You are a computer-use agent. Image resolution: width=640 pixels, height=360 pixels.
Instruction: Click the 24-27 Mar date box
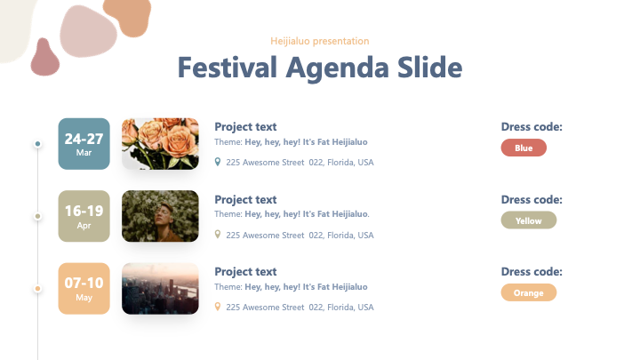(x=84, y=144)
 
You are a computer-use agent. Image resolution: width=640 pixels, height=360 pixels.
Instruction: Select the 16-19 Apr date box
(x=84, y=216)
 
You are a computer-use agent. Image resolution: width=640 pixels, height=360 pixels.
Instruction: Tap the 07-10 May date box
(x=84, y=289)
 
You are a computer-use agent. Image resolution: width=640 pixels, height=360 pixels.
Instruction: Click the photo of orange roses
(x=160, y=144)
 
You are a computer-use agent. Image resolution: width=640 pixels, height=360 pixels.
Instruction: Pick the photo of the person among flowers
(x=160, y=216)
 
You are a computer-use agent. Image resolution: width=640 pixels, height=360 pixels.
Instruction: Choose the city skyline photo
(x=160, y=289)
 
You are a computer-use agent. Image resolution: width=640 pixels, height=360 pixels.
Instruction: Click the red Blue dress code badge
(x=524, y=148)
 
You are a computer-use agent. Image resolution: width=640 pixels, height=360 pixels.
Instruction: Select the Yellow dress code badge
(x=529, y=220)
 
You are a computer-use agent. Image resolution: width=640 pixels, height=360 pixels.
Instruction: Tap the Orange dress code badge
(x=529, y=292)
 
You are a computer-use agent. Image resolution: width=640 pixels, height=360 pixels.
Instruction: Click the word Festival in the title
(x=228, y=68)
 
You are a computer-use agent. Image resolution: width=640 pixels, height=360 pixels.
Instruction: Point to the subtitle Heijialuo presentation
(x=320, y=41)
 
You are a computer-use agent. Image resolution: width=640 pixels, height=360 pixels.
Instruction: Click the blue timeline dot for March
(x=37, y=144)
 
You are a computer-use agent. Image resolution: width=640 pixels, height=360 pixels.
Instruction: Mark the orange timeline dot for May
(x=37, y=289)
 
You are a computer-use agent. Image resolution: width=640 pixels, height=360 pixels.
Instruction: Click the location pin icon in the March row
(x=218, y=162)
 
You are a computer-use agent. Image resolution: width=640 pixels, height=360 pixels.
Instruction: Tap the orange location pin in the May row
(x=218, y=307)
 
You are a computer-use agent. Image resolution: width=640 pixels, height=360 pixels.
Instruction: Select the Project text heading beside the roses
(x=245, y=127)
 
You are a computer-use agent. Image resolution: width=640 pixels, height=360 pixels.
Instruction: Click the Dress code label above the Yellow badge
(x=532, y=200)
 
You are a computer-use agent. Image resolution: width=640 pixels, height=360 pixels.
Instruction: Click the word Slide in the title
(x=430, y=68)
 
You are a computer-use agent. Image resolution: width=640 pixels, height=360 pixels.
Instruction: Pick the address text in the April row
(x=300, y=235)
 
